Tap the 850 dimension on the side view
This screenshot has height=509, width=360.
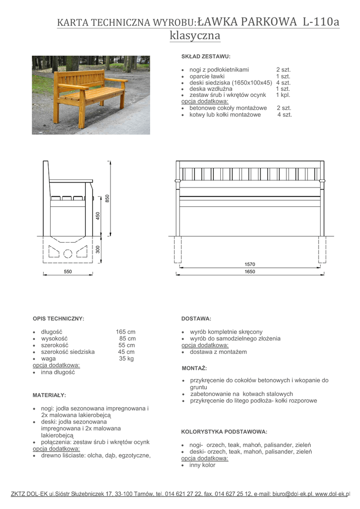pos(107,198)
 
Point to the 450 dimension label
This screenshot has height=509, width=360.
pos(98,216)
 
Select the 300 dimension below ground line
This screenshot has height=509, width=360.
pos(98,249)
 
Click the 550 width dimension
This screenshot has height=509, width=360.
pos(68,271)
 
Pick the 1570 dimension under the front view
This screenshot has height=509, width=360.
pos(250,264)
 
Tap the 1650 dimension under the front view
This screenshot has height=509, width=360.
pos(250,272)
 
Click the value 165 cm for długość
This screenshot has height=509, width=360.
pos(125,332)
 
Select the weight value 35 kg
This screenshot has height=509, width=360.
pos(126,358)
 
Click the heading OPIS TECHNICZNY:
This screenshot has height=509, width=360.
pos(59,318)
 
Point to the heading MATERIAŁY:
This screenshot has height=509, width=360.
pos(49,395)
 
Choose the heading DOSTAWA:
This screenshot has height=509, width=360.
pos(196,318)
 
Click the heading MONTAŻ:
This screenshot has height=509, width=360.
pos(194,368)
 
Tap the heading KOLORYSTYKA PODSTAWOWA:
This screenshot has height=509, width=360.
pos(224,431)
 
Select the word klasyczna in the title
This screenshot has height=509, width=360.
pos(195,36)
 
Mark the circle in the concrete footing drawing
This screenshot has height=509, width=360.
pos(68,253)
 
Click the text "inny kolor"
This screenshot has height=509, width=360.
pos(203,465)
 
